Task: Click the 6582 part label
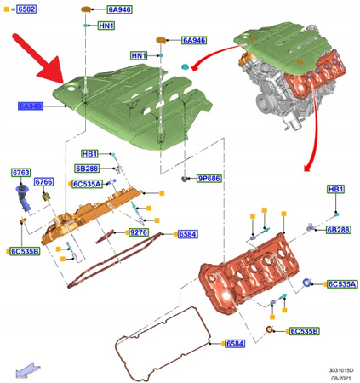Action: coord(26,9)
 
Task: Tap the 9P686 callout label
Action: coord(209,180)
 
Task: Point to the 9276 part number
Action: coord(138,232)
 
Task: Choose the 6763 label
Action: coord(20,173)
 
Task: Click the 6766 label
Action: coord(43,183)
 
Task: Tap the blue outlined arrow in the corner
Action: coord(26,369)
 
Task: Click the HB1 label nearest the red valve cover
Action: coord(335,189)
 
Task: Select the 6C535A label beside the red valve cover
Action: coord(342,284)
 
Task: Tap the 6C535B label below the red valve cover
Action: coord(303,331)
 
